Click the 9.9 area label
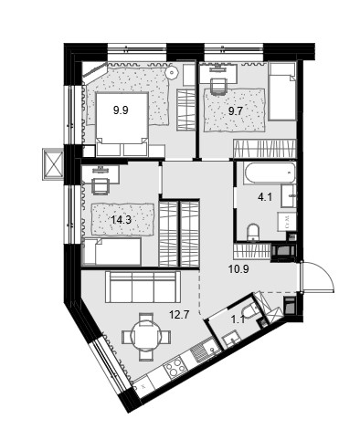click(x=121, y=110)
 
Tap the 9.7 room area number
click(x=236, y=110)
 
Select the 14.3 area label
click(x=121, y=219)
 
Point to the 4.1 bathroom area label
click(x=265, y=197)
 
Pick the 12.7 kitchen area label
click(x=180, y=314)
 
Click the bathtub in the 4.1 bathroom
click(x=270, y=173)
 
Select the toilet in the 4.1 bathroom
click(x=253, y=233)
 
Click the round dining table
click(x=146, y=337)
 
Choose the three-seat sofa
click(x=143, y=287)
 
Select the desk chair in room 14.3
click(x=101, y=186)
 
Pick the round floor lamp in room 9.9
click(x=173, y=72)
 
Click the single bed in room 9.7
click(x=282, y=91)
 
